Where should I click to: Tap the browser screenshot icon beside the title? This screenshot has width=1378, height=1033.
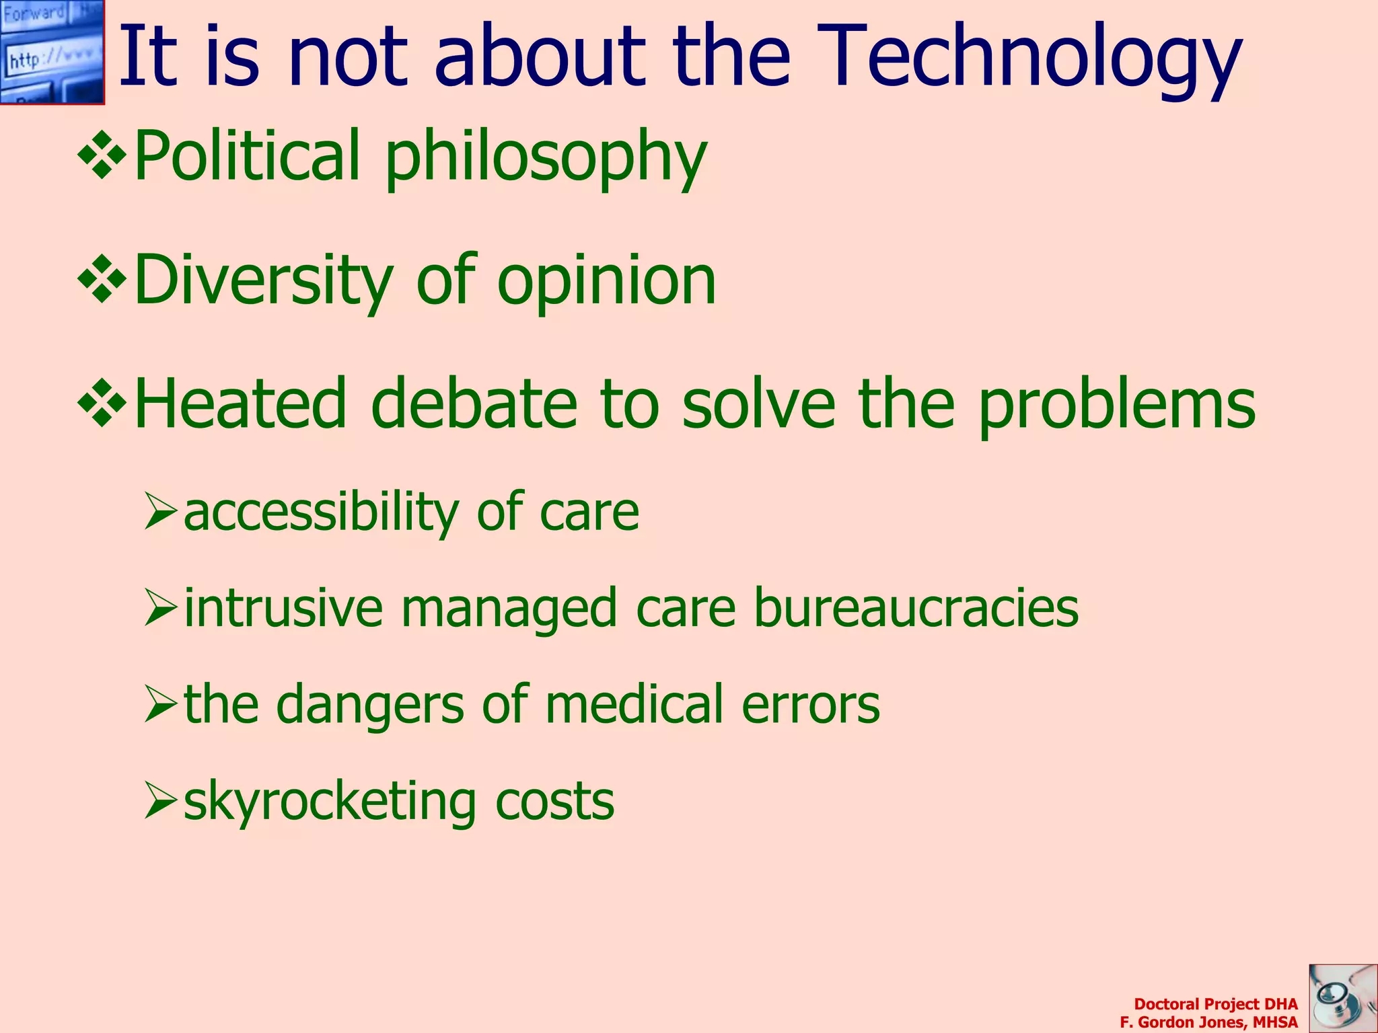[52, 52]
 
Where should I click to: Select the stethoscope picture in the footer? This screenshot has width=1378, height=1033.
[1343, 998]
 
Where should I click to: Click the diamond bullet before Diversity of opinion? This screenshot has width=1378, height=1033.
[102, 279]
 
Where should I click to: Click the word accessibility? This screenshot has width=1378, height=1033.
[321, 512]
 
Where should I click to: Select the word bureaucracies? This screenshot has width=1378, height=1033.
[916, 608]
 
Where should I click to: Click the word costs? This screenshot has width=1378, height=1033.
[554, 802]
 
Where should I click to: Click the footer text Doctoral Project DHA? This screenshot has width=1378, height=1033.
[1215, 1004]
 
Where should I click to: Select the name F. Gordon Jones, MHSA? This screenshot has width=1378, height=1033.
[1208, 1022]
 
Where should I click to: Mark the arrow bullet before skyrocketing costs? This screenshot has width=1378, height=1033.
[160, 802]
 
